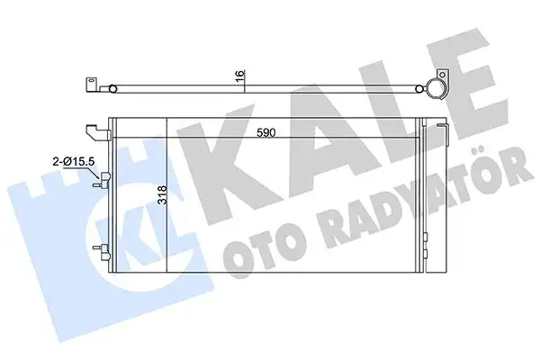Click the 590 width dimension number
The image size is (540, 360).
[264, 131]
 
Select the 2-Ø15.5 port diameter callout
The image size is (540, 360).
[76, 162]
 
